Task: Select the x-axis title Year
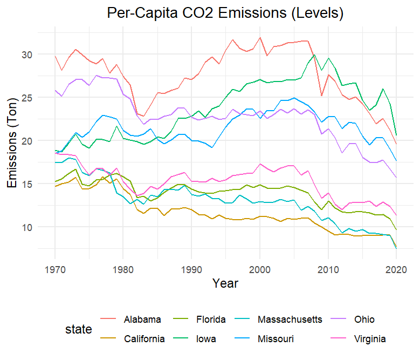tap(225, 282)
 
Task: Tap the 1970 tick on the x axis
tap(55, 268)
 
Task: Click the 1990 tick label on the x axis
tap(191, 268)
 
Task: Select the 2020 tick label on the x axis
tap(396, 268)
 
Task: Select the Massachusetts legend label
tap(290, 320)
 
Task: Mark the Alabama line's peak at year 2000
tap(260, 38)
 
